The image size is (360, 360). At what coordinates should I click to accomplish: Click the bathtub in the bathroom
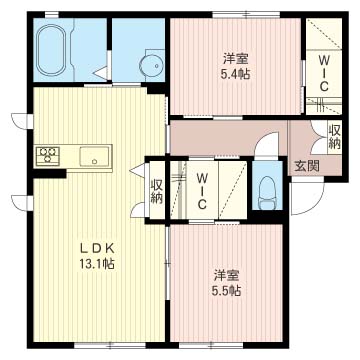coord(51,50)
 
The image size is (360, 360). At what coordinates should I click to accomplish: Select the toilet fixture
coord(266,193)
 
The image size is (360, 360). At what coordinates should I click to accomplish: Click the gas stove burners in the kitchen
coord(48,155)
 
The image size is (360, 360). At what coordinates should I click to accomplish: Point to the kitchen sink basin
coord(94,156)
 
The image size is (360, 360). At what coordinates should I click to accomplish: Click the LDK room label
coord(97,248)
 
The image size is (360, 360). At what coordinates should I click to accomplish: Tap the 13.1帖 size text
coord(97,264)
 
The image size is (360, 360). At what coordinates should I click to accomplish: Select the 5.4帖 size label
coord(235,74)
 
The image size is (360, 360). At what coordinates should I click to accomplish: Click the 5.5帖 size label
coord(226,291)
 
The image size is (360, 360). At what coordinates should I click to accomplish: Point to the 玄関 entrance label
coord(307,166)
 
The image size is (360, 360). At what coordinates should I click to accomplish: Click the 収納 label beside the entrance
coord(334,137)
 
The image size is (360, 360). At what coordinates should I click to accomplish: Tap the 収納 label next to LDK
coord(156,191)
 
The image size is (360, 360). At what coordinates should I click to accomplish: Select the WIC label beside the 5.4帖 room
coord(323,73)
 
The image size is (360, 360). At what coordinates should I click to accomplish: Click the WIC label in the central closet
coord(201,192)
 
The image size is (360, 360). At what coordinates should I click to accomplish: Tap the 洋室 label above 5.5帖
coord(226,275)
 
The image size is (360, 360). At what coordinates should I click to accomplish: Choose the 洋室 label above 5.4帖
coord(235,59)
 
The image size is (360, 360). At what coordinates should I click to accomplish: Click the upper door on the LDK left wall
coord(23,121)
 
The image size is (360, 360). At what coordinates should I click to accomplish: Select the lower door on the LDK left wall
coord(23,203)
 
